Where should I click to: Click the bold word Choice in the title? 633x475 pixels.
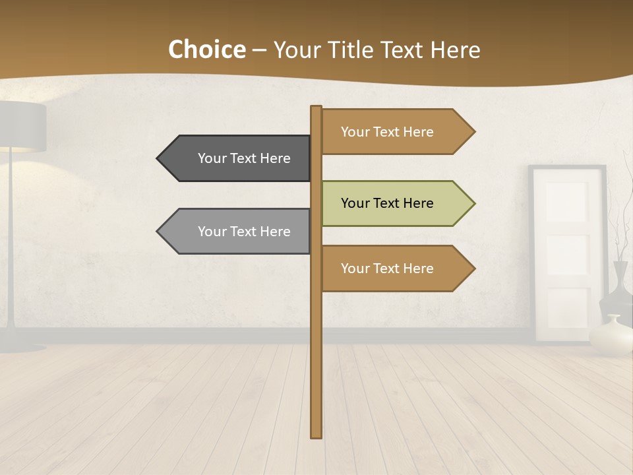[x=206, y=49]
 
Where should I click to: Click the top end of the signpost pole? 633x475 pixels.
[x=316, y=108]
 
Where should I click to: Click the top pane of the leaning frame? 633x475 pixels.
[x=566, y=201]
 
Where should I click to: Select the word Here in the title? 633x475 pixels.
[x=455, y=49]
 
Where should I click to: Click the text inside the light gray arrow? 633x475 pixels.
[x=244, y=232]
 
